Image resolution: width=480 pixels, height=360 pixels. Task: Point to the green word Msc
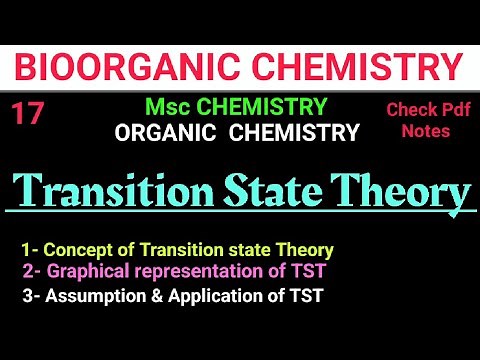pyautogui.click(x=164, y=107)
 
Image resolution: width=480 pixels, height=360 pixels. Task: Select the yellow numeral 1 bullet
pyautogui.click(x=26, y=249)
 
